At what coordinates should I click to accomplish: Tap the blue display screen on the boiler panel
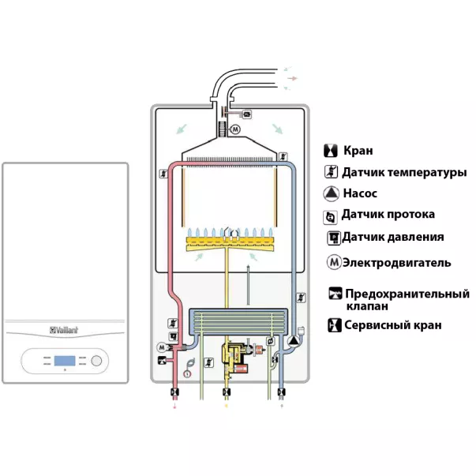pos(66,362)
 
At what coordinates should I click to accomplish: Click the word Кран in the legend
pos(358,150)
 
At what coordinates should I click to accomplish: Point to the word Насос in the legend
pos(360,193)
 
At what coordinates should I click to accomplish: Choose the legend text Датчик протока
pos(388,215)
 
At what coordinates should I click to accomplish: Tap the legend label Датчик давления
pos(392,237)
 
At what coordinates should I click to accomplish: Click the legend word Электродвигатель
pos(396,262)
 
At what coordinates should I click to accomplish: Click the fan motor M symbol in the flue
pos(233,129)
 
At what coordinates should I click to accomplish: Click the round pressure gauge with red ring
pos(188,373)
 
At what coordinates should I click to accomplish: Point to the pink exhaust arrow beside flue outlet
pos(293,79)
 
